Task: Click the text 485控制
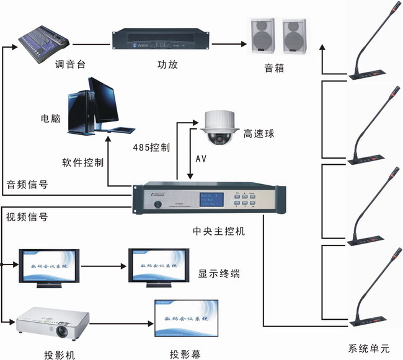click(x=152, y=149)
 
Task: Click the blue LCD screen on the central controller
click(x=210, y=201)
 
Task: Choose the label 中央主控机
click(x=219, y=231)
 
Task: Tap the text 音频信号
click(x=27, y=184)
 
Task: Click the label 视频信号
click(x=27, y=217)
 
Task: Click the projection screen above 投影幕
click(x=185, y=318)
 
